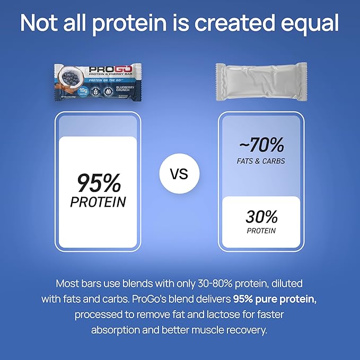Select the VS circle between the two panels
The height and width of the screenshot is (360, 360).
(180, 174)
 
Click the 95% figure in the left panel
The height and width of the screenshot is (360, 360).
(99, 183)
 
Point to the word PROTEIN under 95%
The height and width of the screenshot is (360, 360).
(99, 202)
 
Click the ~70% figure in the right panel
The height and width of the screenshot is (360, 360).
(261, 145)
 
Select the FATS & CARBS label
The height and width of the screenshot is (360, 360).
(261, 161)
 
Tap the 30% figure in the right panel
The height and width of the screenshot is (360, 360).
(261, 216)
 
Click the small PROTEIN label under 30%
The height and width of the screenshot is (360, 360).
(261, 231)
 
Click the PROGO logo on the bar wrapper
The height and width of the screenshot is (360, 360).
(104, 69)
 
